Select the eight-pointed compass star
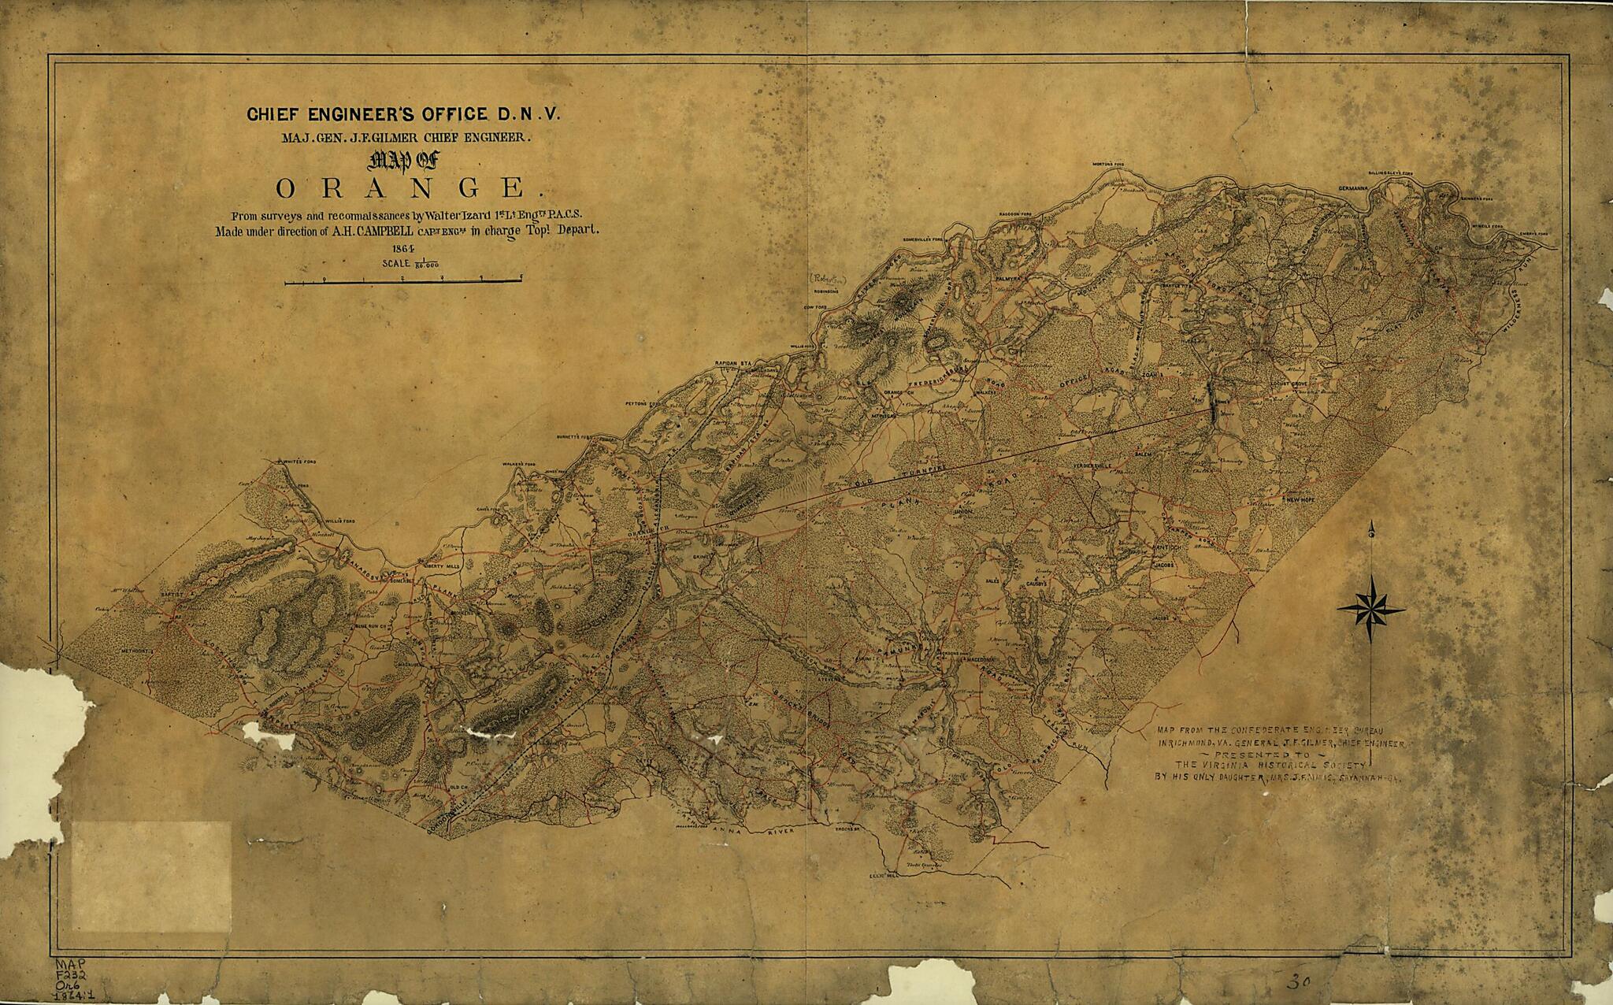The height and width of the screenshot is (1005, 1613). point(1370,610)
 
